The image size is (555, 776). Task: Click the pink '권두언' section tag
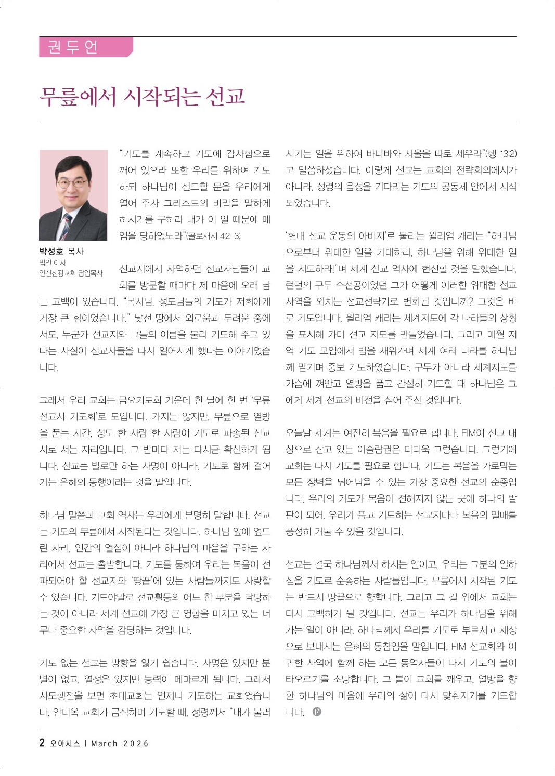tap(73, 47)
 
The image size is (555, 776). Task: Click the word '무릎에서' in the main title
tap(78, 97)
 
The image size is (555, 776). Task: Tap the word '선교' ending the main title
tap(225, 97)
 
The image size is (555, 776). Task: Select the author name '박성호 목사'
tap(61, 252)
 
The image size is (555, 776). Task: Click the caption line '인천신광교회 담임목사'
tap(71, 273)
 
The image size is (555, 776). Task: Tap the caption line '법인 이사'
tap(53, 263)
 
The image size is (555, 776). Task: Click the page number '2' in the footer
tap(42, 743)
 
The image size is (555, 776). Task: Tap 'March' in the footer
tap(104, 744)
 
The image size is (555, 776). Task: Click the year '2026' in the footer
tap(136, 744)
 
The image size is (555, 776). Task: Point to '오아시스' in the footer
tap(65, 744)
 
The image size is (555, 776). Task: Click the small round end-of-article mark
tap(317, 712)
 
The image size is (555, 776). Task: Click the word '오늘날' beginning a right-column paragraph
tap(298, 433)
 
